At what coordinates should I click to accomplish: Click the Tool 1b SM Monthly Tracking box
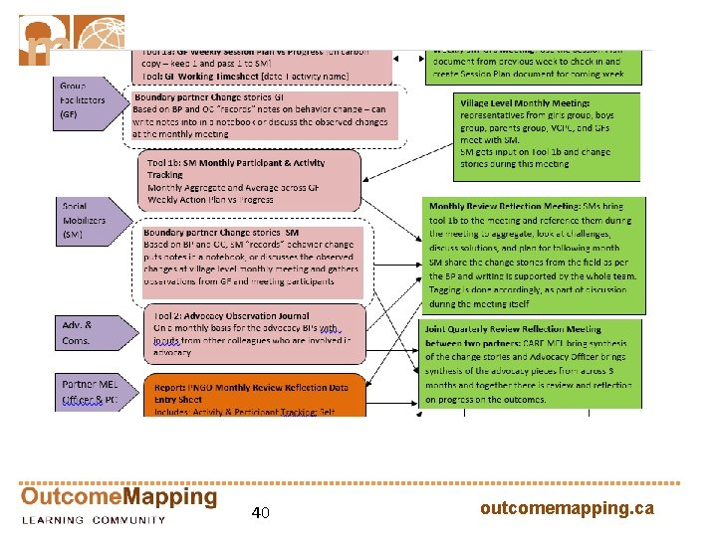[249, 182]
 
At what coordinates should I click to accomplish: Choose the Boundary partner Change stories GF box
[264, 115]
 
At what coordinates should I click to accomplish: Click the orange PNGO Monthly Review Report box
[254, 395]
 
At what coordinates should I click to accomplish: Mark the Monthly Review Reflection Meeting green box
[532, 253]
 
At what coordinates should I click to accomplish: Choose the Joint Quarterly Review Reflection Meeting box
[532, 364]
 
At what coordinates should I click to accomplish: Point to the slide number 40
[260, 513]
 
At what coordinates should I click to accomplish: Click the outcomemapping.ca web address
[567, 508]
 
